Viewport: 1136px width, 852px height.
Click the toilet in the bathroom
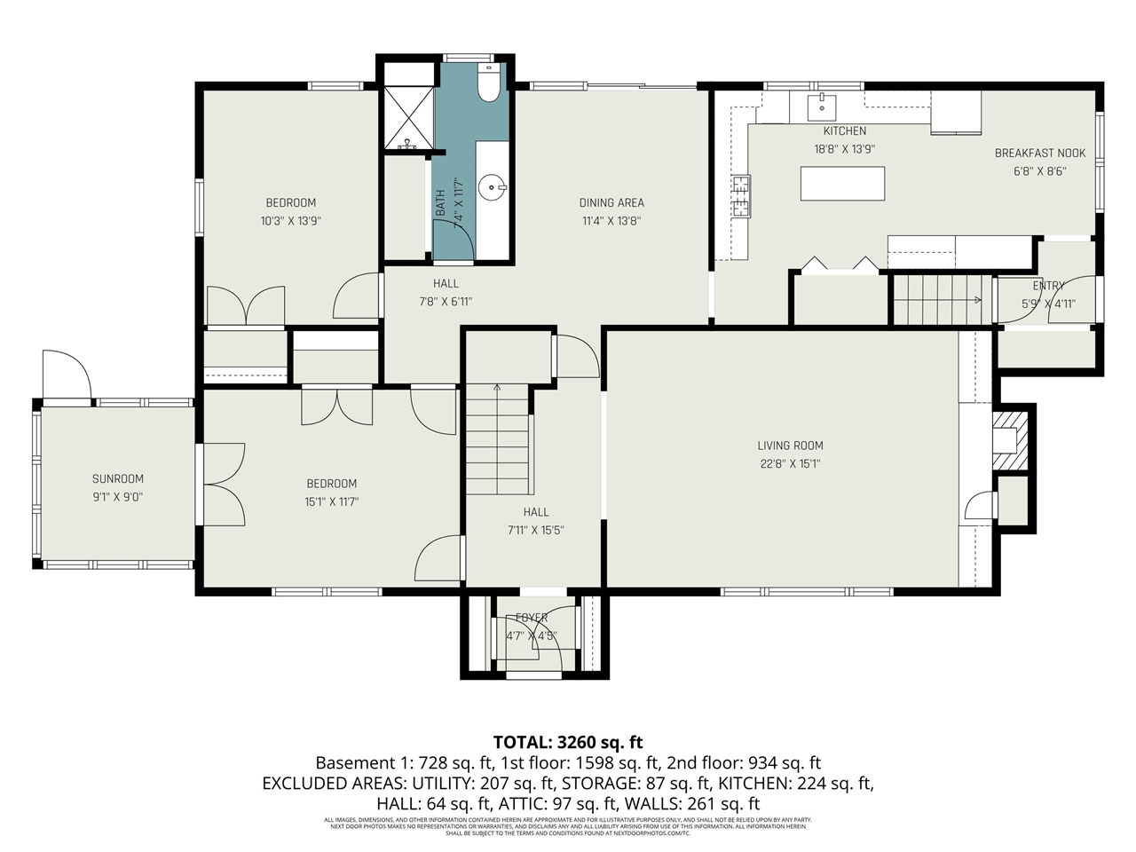(488, 83)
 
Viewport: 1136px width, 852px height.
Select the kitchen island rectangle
(842, 183)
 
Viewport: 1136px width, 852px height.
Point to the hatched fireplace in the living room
(1012, 439)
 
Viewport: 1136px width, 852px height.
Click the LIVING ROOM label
(790, 446)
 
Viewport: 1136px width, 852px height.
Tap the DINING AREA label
(611, 202)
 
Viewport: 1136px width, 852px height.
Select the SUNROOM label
(118, 479)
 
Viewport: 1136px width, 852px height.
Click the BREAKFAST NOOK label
(1040, 153)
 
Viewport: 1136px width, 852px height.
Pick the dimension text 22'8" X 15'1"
(790, 463)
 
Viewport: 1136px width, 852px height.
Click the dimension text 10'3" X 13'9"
(290, 221)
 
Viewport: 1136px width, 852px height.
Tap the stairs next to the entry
(939, 300)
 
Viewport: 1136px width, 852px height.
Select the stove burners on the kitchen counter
(740, 196)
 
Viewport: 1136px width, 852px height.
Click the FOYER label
(532, 618)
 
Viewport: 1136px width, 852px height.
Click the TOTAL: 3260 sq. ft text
(568, 742)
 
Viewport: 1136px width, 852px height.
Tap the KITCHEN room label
(845, 130)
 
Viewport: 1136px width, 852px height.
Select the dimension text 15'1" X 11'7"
(331, 501)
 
